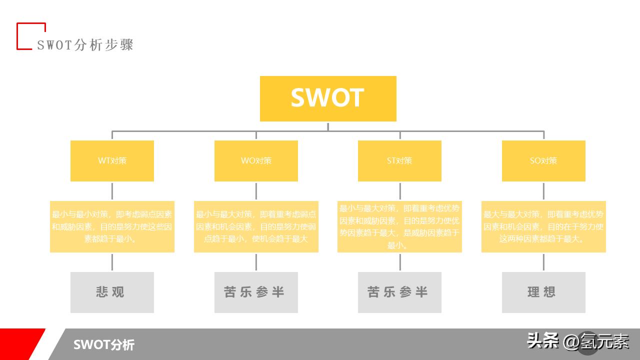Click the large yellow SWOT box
[x=328, y=98]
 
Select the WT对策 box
[x=112, y=160]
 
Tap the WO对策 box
[x=256, y=160]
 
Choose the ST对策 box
[x=399, y=160]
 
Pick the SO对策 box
[x=543, y=160]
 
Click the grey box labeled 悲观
[x=112, y=292]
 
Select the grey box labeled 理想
[x=543, y=292]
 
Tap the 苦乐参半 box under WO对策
[x=256, y=292]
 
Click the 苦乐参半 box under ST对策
[x=399, y=292]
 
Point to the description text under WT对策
[x=112, y=226]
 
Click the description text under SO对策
[x=543, y=226]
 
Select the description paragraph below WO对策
[x=256, y=226]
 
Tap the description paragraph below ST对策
[x=399, y=226]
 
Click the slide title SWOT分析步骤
[x=85, y=45]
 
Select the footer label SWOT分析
[x=104, y=344]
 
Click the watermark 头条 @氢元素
[x=578, y=341]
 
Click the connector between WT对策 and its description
[x=112, y=190]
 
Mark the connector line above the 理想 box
[x=543, y=262]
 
